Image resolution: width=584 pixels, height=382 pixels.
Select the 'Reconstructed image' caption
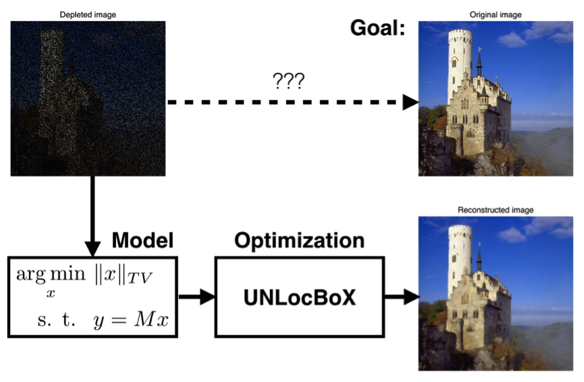point(496,210)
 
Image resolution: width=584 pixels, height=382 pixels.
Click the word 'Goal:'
point(377,28)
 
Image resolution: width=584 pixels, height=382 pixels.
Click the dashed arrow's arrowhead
point(410,102)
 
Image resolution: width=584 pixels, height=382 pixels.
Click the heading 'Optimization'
point(299,240)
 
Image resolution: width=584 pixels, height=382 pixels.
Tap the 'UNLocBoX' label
point(299,297)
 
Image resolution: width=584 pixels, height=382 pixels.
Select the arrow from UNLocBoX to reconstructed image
point(401,297)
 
